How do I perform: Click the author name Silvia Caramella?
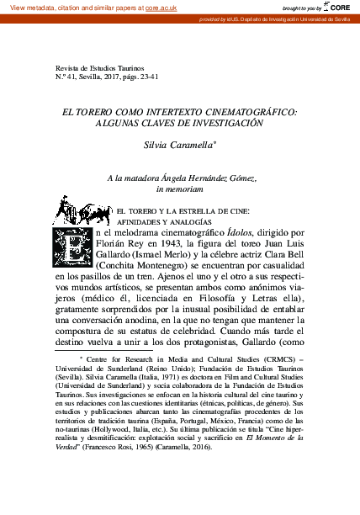tap(178, 145)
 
